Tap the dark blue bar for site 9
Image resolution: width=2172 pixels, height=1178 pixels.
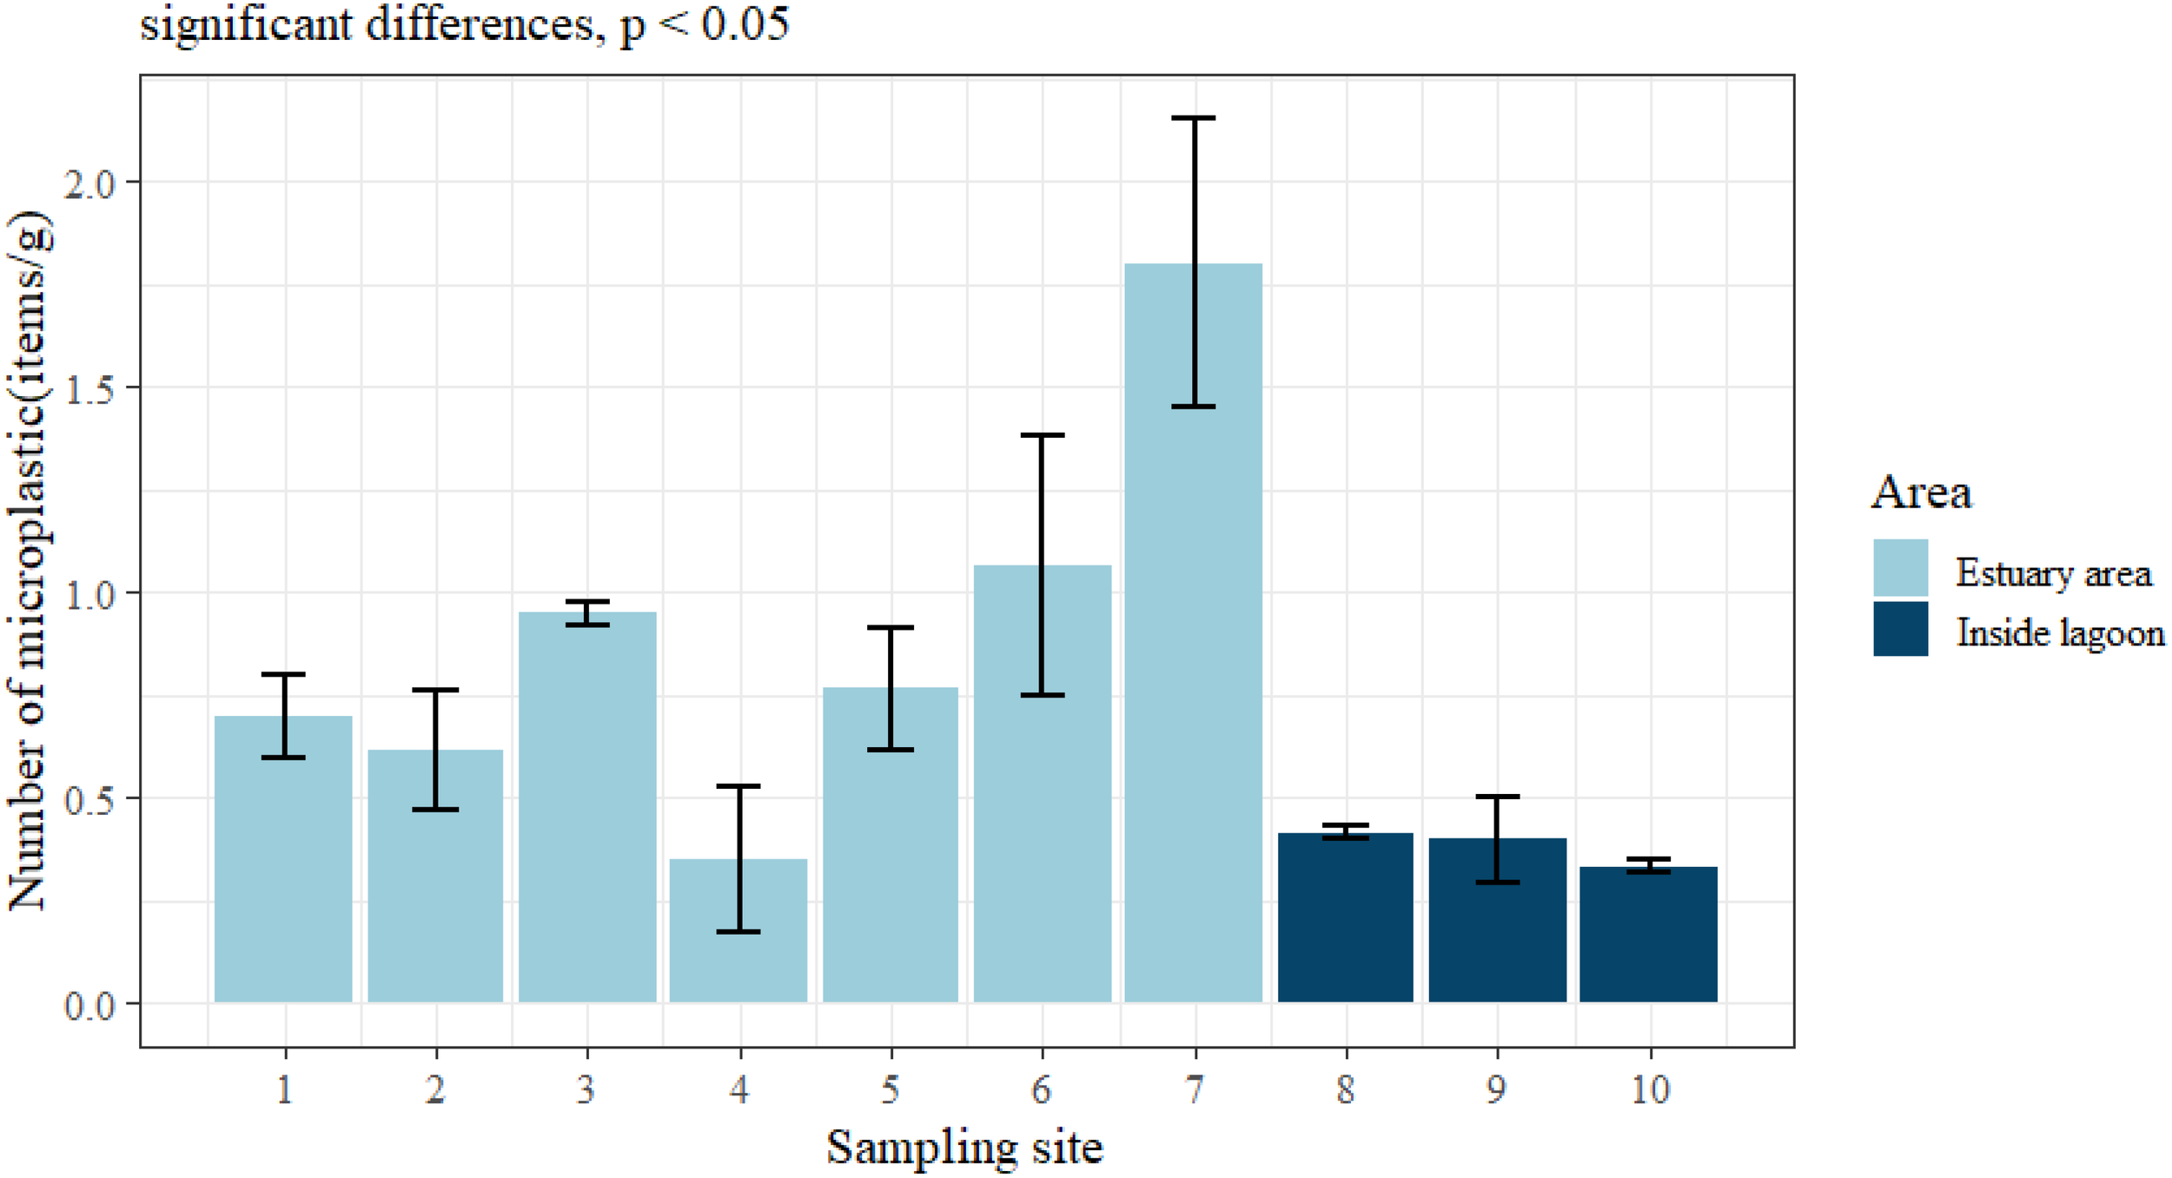point(1497,921)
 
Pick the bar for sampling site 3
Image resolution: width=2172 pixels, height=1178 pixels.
point(587,808)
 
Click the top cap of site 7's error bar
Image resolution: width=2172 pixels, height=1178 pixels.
point(1194,118)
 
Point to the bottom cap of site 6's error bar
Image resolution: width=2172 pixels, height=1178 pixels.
point(1043,695)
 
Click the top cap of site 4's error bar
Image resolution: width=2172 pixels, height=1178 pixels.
point(738,786)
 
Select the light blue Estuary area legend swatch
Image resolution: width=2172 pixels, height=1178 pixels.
point(1900,568)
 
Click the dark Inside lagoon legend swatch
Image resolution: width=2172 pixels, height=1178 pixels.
point(1900,629)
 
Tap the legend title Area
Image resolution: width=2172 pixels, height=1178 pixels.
point(1921,493)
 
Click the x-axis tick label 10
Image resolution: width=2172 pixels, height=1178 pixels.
point(1650,1089)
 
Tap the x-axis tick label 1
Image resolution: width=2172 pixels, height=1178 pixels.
point(285,1089)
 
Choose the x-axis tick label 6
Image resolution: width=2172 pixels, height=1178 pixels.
point(1042,1089)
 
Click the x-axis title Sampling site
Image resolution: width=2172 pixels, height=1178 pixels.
point(964,1147)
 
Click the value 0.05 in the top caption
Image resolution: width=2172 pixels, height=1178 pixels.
point(745,23)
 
